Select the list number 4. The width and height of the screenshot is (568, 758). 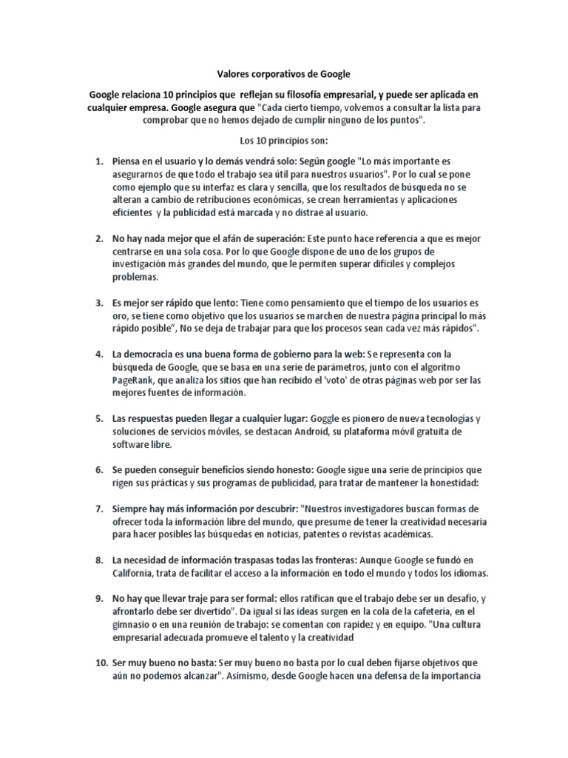(x=99, y=355)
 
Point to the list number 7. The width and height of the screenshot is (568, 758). (x=99, y=509)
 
